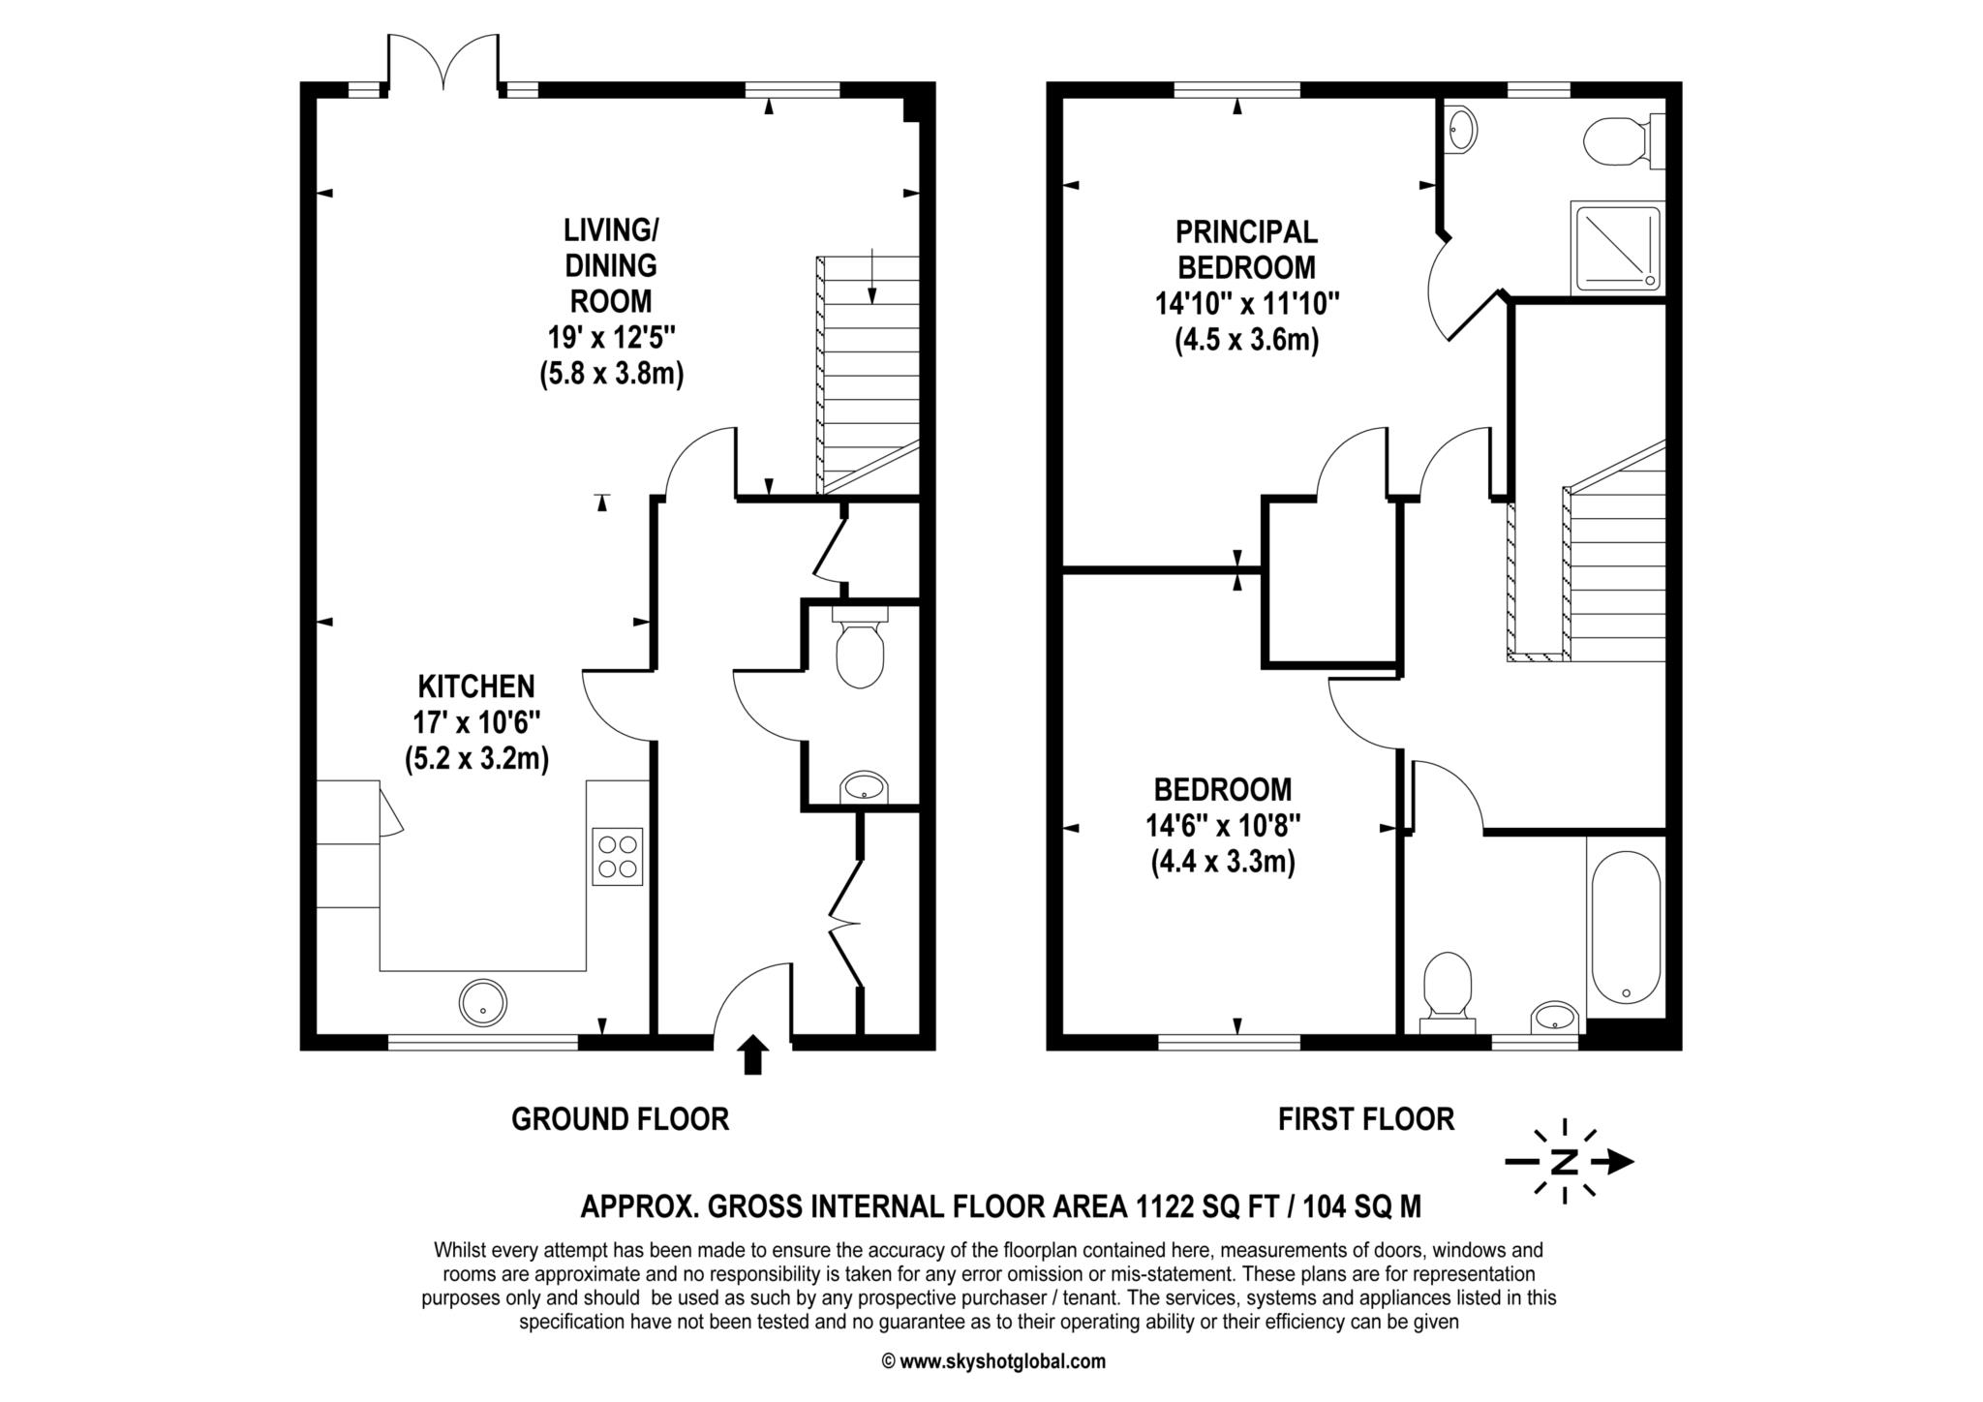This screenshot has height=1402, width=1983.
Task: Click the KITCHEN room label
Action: tap(476, 686)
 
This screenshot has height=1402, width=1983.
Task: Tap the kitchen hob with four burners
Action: tap(617, 856)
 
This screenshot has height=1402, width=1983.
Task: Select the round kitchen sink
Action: tap(482, 1003)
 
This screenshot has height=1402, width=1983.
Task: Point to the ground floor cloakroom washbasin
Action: tap(864, 787)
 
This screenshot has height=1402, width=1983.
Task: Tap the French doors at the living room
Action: tap(443, 62)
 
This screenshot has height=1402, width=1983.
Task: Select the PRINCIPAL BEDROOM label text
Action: tap(1246, 249)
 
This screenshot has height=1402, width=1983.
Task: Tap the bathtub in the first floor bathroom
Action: tap(1626, 928)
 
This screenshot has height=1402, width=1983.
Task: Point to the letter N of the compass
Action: tap(1564, 1162)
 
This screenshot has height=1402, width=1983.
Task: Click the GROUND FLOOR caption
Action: tap(620, 1119)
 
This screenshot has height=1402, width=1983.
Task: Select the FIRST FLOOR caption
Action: tap(1365, 1119)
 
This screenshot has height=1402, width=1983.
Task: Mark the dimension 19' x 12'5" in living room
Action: tap(611, 337)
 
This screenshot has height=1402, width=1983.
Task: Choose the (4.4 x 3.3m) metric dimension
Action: tap(1223, 861)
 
